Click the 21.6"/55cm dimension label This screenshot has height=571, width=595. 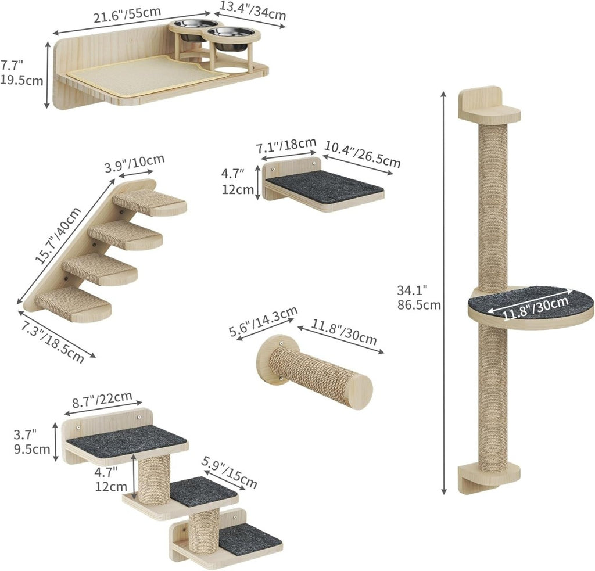127,15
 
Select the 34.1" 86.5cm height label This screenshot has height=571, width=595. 418,297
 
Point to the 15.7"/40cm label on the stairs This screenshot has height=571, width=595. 58,235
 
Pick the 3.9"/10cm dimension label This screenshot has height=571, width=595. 134,163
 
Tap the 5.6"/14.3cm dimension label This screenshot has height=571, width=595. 263,321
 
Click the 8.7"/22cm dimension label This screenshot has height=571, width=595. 102,399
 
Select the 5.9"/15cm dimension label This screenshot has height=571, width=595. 229,472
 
